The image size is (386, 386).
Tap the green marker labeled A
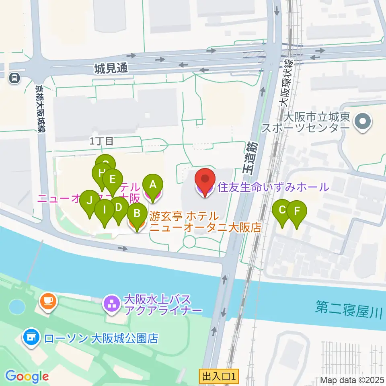[153, 185]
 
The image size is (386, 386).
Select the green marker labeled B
[137, 214]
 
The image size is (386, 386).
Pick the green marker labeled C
[282, 210]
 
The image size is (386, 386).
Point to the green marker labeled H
[102, 175]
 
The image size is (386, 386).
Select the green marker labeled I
[105, 210]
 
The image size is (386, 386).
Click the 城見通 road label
[111, 68]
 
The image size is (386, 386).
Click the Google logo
[27, 376]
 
